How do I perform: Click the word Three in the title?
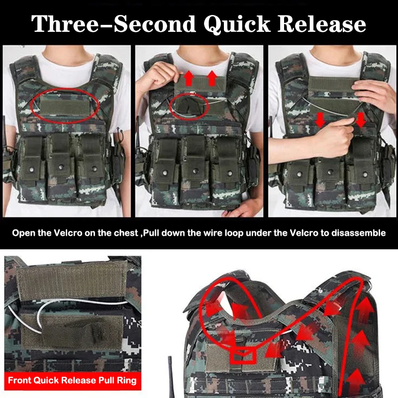coord(65,23)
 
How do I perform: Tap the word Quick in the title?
coord(237,24)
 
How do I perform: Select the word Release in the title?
coord(321,23)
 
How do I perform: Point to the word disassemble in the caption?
coord(361,233)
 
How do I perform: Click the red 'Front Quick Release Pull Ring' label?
coord(72,381)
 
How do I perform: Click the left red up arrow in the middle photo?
coord(189,79)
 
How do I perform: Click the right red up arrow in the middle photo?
coord(212,79)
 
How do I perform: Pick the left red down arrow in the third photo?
coord(320,120)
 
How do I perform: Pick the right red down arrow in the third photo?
coord(360,120)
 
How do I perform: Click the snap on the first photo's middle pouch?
coord(61,167)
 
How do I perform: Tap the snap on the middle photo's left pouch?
coord(165,173)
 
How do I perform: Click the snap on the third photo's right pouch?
coord(365,175)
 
